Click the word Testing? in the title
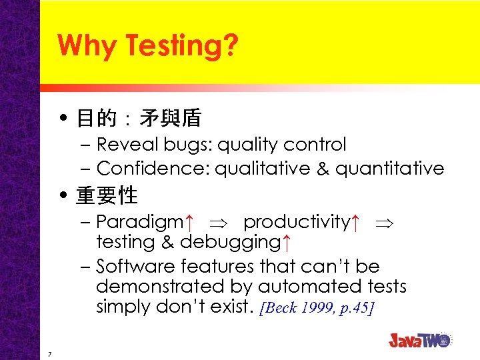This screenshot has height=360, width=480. pos(181,46)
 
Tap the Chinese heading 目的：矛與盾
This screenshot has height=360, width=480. pos(139,119)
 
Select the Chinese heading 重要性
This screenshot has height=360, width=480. pos(107,195)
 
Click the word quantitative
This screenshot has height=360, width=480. pos(389,169)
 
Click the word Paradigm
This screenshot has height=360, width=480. pos(139,221)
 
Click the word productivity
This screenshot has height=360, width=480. pos(296,221)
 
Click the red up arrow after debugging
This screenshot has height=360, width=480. pos(285,242)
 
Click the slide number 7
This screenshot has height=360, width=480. pos(50,353)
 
